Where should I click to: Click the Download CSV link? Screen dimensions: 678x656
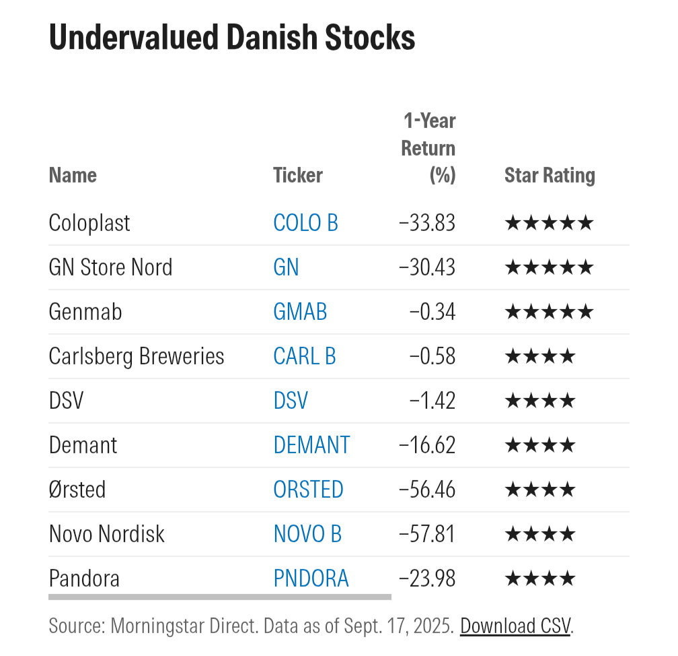pos(515,626)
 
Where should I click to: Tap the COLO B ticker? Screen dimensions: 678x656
pos(305,223)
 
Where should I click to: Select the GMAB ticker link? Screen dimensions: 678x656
pos(300,312)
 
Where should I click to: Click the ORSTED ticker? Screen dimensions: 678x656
pos(308,489)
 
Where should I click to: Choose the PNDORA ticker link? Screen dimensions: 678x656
pos(311,578)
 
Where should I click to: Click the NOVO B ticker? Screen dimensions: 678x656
pos(307,533)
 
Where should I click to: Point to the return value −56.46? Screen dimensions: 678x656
pos(427,489)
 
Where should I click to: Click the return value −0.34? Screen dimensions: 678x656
pos(432,312)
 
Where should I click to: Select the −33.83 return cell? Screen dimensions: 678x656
pos(427,223)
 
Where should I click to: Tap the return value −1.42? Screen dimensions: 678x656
pos(432,401)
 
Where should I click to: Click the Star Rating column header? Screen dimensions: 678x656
pos(550,175)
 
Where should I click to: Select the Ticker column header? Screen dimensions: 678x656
pos(298,175)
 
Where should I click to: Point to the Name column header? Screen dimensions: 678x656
pos(73,175)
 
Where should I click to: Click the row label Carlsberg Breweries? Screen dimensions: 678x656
pos(137,356)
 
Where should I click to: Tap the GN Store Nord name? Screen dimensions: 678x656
pos(111,267)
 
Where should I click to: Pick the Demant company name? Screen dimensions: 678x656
pos(83,445)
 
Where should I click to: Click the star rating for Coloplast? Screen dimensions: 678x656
pos(549,223)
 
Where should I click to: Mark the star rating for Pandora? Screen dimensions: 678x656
pos(540,578)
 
